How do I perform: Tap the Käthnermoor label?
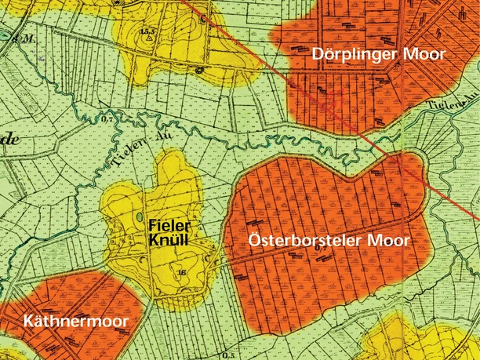(75, 322)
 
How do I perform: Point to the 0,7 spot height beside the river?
(107, 119)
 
